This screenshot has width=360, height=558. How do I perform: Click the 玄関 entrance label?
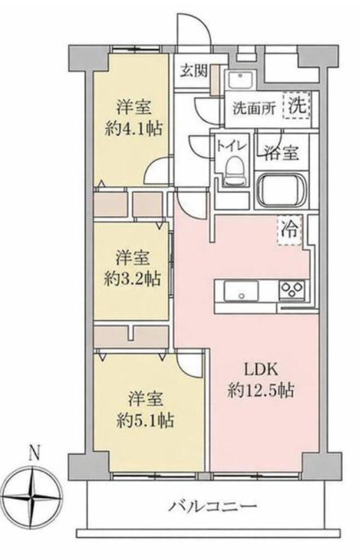pos(193,71)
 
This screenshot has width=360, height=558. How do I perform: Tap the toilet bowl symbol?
pos(235,171)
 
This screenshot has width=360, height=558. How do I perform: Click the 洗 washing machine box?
pos(297,106)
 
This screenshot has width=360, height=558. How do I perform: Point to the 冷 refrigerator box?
pos(289,231)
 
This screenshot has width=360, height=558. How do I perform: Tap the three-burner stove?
pos(292,289)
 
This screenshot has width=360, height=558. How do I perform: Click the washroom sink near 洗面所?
pos(241,79)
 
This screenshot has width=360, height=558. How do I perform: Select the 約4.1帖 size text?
pos(133,129)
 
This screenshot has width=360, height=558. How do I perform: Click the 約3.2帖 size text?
pos(132,279)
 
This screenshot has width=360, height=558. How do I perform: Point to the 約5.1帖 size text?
pos(146,421)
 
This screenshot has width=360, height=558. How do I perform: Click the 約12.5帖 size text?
pos(261,391)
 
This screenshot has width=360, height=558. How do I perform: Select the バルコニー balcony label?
pos(212,505)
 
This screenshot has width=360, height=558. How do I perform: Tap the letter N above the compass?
pos(33,453)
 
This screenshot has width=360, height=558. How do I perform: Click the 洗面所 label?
pos(254,108)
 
